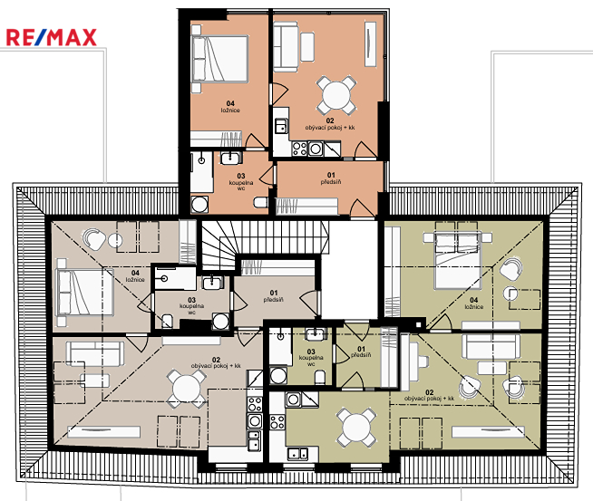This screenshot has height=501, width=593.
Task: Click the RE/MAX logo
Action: (52, 37)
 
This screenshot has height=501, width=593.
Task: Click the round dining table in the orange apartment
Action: (336, 95)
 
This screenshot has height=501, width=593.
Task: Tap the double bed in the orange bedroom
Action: (219, 59)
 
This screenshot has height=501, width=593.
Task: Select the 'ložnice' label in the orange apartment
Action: (230, 111)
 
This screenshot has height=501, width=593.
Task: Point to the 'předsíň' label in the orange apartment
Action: (331, 182)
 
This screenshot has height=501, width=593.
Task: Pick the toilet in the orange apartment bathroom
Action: (261, 202)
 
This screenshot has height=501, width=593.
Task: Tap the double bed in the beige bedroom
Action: (85, 292)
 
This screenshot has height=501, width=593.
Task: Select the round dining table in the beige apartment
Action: (187, 388)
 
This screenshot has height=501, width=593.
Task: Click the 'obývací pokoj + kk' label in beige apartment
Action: (216, 366)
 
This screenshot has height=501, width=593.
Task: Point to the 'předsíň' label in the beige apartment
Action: (274, 300)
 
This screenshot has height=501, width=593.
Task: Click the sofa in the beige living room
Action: (95, 353)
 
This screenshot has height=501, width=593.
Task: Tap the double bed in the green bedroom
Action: (458, 261)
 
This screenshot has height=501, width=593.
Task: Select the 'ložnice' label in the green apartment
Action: (474, 307)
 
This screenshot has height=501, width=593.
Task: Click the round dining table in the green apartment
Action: (355, 427)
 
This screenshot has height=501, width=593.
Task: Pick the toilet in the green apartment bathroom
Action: (320, 377)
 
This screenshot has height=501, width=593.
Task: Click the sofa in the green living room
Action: (491, 346)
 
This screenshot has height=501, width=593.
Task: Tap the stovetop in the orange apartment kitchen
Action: (299, 148)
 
